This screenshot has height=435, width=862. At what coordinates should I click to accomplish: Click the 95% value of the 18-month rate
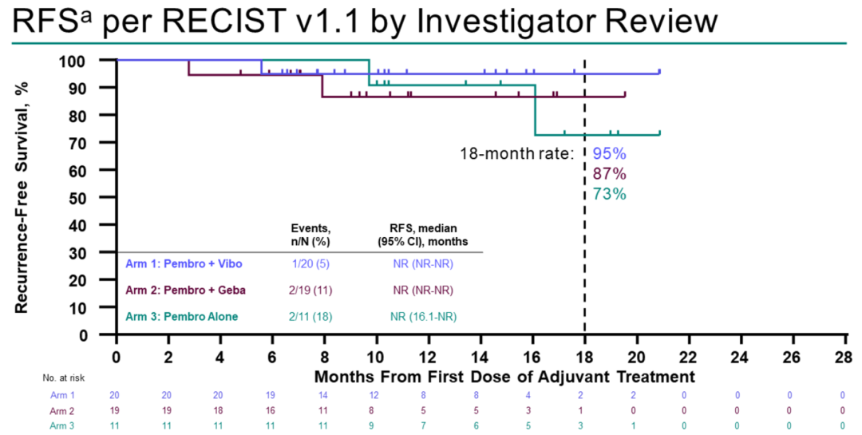tap(609, 152)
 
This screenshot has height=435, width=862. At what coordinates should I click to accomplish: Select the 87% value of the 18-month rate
tap(609, 173)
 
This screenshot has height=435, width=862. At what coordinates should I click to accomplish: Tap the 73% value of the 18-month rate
tap(609, 194)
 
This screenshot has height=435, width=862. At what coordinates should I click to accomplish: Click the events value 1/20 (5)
tap(310, 263)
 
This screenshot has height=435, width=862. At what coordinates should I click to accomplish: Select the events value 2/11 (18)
tap(310, 317)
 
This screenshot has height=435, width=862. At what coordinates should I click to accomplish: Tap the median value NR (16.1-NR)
tap(423, 317)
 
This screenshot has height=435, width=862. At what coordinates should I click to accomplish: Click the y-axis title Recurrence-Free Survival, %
tap(22, 196)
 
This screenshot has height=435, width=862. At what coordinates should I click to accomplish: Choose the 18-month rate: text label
tap(516, 152)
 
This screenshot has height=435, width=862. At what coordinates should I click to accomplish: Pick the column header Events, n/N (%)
tap(310, 234)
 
